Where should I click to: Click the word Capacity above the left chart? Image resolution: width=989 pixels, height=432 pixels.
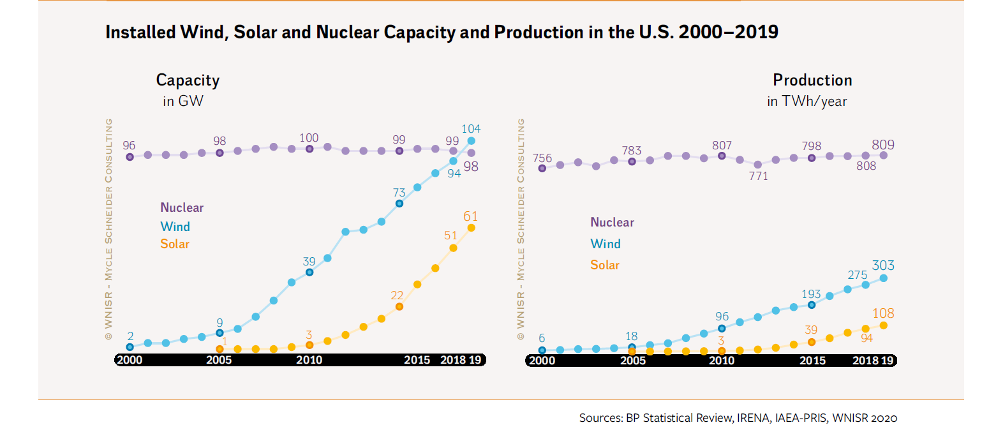click(x=188, y=80)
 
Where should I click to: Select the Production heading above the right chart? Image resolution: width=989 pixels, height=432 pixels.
click(x=812, y=80)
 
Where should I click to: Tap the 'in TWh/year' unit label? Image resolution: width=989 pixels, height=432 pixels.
click(x=807, y=101)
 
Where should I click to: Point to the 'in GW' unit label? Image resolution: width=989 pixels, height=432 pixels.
click(x=182, y=101)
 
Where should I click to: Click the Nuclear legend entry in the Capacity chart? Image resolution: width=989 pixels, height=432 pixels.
click(x=182, y=207)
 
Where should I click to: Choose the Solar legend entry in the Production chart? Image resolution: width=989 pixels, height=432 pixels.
click(x=605, y=265)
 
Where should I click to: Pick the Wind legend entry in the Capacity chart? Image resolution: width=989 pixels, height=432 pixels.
click(x=175, y=226)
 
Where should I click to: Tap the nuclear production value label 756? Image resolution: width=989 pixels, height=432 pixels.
click(x=541, y=158)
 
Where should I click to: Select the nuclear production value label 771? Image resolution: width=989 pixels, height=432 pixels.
click(x=758, y=176)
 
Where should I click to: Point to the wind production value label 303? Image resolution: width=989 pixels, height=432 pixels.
click(x=884, y=265)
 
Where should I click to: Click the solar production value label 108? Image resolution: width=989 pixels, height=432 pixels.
click(x=884, y=313)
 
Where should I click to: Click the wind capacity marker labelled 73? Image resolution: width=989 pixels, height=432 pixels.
click(x=399, y=204)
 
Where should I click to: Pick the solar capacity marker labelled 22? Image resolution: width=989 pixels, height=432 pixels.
click(x=399, y=306)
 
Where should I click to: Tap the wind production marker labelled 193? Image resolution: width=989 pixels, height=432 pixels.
click(x=812, y=304)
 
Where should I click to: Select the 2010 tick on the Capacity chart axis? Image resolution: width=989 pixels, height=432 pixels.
click(x=309, y=360)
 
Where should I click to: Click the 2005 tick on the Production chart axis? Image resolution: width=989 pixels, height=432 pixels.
click(x=632, y=360)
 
